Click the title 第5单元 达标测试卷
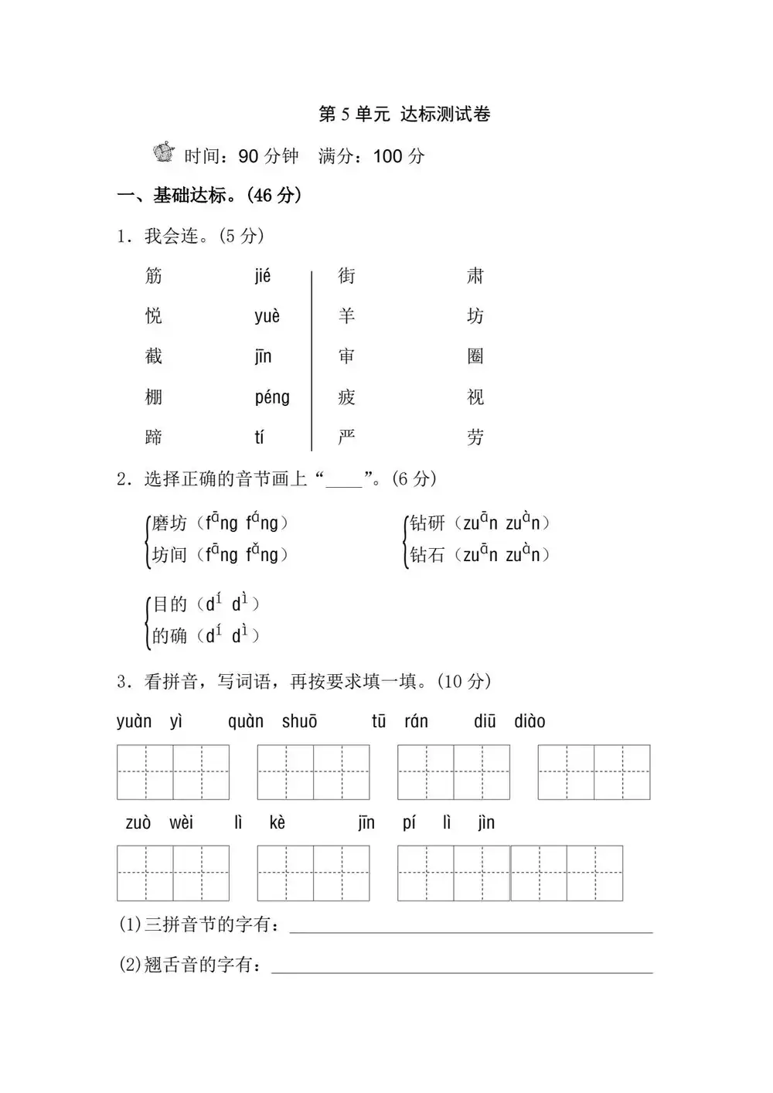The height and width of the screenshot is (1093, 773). [x=404, y=114]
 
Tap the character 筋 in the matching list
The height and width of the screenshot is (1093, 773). [x=154, y=276]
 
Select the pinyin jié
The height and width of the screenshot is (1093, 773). [x=263, y=276]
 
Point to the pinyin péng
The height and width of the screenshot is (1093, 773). [x=272, y=397]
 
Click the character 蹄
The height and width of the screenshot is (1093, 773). [x=154, y=438]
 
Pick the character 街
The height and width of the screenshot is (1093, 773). [x=346, y=276]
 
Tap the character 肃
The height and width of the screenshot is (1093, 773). [x=475, y=276]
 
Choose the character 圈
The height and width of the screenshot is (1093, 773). [x=475, y=356]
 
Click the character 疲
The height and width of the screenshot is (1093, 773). [x=346, y=397]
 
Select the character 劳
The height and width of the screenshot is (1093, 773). [x=475, y=438]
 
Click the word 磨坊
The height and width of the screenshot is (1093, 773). [x=169, y=523]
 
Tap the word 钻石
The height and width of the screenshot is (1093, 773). [x=427, y=555]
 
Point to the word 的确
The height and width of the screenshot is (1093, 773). [x=169, y=635]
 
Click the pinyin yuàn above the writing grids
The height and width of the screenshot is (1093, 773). [x=134, y=722]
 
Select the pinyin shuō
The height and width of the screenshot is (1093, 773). [x=299, y=722]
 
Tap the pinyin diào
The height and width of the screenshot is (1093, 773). [x=530, y=722]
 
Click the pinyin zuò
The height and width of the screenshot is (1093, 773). [x=138, y=822]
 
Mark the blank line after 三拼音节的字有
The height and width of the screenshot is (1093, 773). [x=471, y=928]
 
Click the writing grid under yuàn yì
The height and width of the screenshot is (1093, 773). [x=173, y=772]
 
